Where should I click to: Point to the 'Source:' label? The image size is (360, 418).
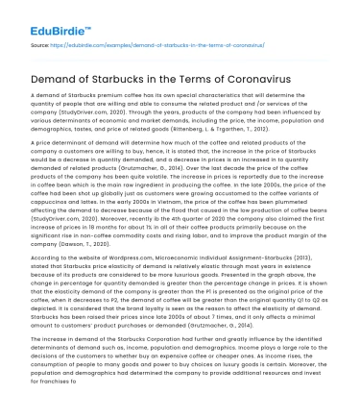coord(40,44)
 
